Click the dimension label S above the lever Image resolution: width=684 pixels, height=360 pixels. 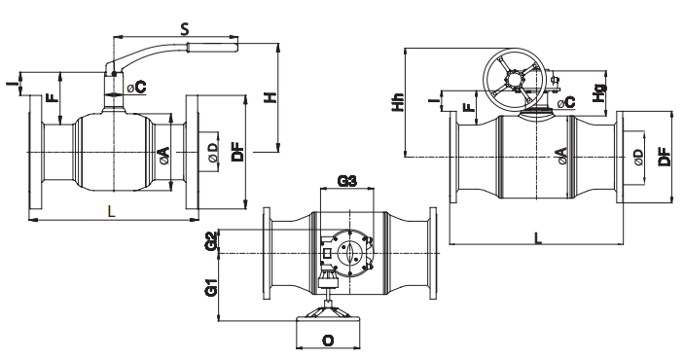click(185, 29)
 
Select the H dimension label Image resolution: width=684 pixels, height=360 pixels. click(271, 97)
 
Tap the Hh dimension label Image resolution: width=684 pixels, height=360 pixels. click(398, 102)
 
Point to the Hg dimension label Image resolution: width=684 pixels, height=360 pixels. click(600, 93)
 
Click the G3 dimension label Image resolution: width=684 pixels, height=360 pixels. click(347, 180)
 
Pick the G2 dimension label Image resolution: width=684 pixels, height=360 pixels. click(212, 241)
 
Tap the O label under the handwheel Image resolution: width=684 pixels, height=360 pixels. click(328, 340)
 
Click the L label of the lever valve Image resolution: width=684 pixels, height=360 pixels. click(112, 212)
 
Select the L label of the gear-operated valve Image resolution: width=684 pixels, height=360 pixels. click(539, 237)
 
